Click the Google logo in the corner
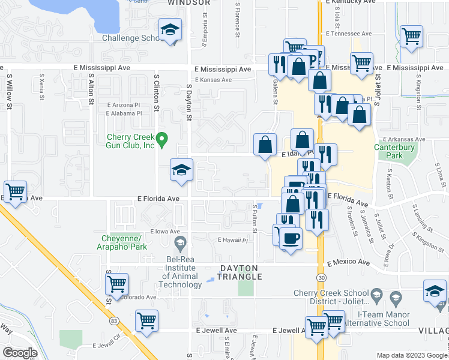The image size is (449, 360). pos(20,353)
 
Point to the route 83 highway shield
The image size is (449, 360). pos(114,321)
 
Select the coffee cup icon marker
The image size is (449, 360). pos(291,238)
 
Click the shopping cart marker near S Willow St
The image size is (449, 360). pos(16,192)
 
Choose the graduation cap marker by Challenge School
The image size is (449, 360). pos(170,30)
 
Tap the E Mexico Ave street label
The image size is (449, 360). pos(348,262)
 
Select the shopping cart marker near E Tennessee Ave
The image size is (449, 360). pos(411,36)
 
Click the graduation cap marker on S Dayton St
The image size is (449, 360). pos(181,170)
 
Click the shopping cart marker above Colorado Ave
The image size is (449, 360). pos(116,283)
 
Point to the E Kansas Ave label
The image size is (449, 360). pos(213,80)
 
